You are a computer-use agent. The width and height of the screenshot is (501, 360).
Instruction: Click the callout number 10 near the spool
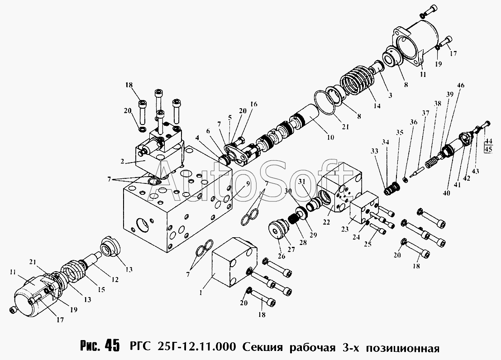click(x=330, y=138)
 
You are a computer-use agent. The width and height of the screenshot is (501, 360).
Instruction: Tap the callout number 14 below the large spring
click(x=377, y=106)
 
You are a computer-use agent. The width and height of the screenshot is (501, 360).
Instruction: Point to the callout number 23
click(x=345, y=229)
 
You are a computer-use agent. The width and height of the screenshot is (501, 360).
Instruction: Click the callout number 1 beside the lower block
click(x=200, y=293)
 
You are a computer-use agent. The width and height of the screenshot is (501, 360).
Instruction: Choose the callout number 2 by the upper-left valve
click(x=122, y=162)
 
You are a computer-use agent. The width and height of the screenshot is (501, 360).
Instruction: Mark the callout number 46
click(x=460, y=86)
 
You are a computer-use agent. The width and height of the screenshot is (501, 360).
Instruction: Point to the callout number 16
click(x=254, y=104)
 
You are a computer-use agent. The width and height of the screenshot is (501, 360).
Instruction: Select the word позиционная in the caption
click(x=403, y=347)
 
